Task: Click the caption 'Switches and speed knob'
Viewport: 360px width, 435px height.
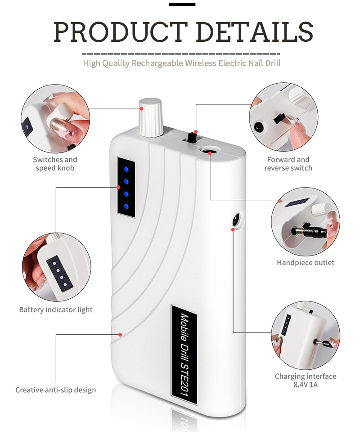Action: (x=55, y=164)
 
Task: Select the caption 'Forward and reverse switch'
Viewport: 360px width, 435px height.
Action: (x=288, y=164)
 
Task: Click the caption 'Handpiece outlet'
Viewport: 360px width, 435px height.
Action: (x=306, y=262)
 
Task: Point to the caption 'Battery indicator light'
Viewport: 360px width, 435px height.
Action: (x=56, y=309)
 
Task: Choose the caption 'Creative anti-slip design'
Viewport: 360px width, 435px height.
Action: (x=56, y=390)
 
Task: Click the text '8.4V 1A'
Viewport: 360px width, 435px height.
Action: (x=306, y=385)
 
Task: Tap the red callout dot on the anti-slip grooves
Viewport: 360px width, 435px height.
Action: (x=121, y=334)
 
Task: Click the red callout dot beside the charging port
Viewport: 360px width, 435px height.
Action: (x=233, y=229)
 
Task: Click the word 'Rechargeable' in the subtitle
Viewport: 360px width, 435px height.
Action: (x=157, y=63)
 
